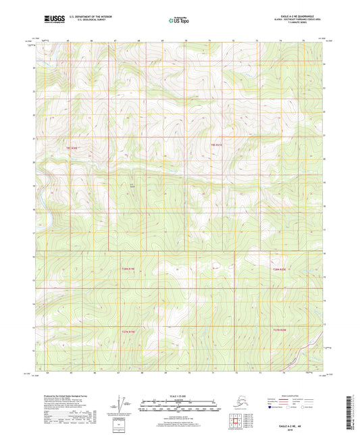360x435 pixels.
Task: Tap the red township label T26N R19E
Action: (x=128, y=269)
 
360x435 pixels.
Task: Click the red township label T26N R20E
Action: (x=279, y=270)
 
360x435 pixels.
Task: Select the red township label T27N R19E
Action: (x=128, y=331)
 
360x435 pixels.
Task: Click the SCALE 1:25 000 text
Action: (x=178, y=394)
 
